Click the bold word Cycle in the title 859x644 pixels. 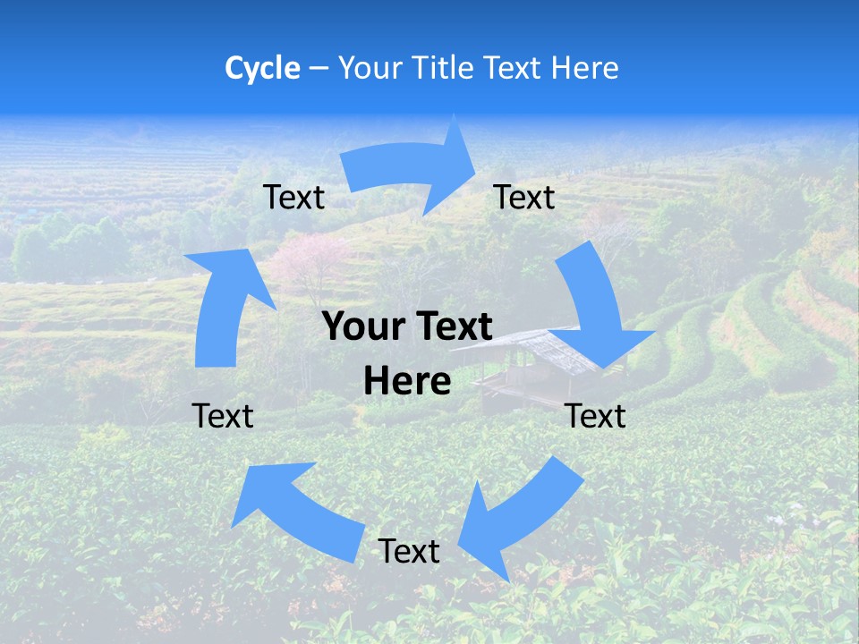pyautogui.click(x=262, y=68)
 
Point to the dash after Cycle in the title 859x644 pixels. pyautogui.click(x=318, y=69)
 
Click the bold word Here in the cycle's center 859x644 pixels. pyautogui.click(x=407, y=382)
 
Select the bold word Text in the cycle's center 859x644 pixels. pyautogui.click(x=453, y=327)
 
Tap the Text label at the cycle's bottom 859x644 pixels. pyautogui.click(x=409, y=552)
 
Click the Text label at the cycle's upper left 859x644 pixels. pyautogui.click(x=293, y=198)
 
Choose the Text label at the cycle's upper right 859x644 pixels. pyautogui.click(x=524, y=198)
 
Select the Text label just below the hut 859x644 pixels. pyautogui.click(x=595, y=417)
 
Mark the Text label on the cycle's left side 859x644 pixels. pyautogui.click(x=223, y=417)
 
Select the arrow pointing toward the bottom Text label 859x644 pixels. pyautogui.click(x=519, y=514)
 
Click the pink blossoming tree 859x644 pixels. pyautogui.click(x=309, y=259)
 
